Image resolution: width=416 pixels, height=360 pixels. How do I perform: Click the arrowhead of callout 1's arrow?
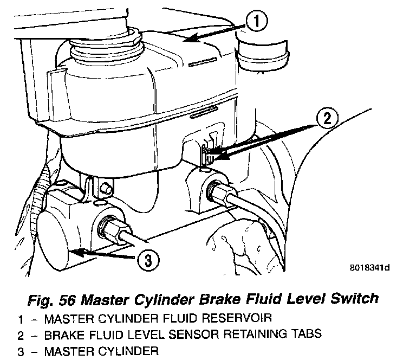point(185,40)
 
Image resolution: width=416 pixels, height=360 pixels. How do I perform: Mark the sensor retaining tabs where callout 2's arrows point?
point(206,155)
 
